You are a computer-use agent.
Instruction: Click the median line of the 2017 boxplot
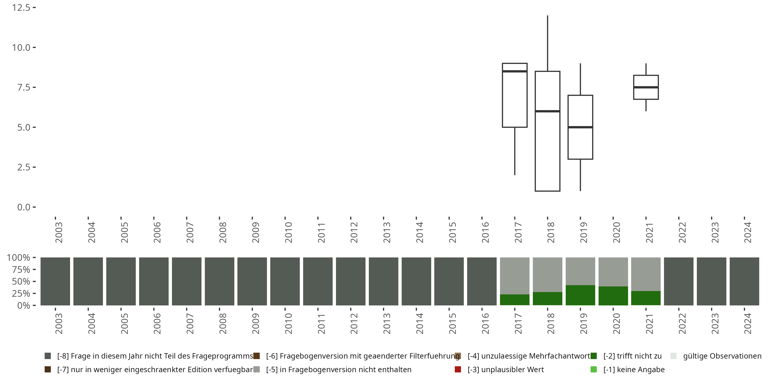tap(515, 71)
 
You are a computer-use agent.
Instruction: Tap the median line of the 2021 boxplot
tap(646, 87)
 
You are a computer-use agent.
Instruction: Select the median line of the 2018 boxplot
tap(548, 111)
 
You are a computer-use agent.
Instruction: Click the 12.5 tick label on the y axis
tap(21, 8)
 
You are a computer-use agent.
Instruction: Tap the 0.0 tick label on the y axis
tap(24, 207)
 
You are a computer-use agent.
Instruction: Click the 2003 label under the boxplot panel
tap(59, 233)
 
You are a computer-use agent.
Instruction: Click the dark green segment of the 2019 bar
tap(581, 295)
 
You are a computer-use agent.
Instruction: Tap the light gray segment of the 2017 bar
tap(515, 276)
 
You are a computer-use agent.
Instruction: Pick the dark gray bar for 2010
tap(285, 281)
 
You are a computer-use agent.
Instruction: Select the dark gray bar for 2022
tap(679, 281)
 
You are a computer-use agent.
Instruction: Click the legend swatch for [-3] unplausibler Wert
tap(458, 369)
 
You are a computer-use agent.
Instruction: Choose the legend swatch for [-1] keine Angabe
tap(594, 369)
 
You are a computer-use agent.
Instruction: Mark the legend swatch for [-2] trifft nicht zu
tap(594, 356)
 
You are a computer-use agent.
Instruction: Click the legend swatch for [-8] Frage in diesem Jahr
tap(47, 356)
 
